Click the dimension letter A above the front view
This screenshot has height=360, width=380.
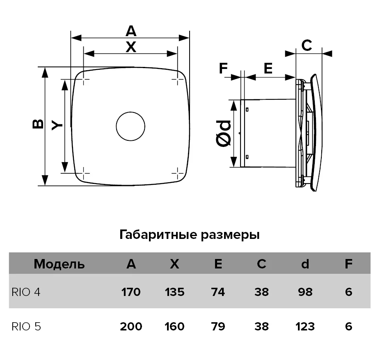coord(131,31)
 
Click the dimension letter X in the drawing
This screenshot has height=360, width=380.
coord(131,47)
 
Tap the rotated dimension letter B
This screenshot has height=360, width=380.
coord(38,124)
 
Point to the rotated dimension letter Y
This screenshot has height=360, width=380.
coord(57,125)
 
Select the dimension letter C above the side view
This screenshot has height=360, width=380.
coord(307,45)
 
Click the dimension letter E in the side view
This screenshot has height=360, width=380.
coord(268,68)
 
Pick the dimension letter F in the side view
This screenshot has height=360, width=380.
coord(223,68)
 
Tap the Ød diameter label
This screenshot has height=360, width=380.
coord(223,133)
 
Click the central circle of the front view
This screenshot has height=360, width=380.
coord(130,112)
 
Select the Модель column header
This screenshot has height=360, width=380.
coord(59,264)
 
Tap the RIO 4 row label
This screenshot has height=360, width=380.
coord(26,292)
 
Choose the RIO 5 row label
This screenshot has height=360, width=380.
coord(26,326)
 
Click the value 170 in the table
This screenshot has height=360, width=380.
coord(131,292)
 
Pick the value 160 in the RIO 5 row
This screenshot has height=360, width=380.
coord(174,326)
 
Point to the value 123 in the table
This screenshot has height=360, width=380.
coord(305,326)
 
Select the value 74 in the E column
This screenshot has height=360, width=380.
coord(218,292)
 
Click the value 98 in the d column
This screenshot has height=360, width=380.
coord(305,292)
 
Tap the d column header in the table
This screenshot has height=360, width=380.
coord(305,264)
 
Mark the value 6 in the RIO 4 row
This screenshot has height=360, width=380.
coord(348,292)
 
